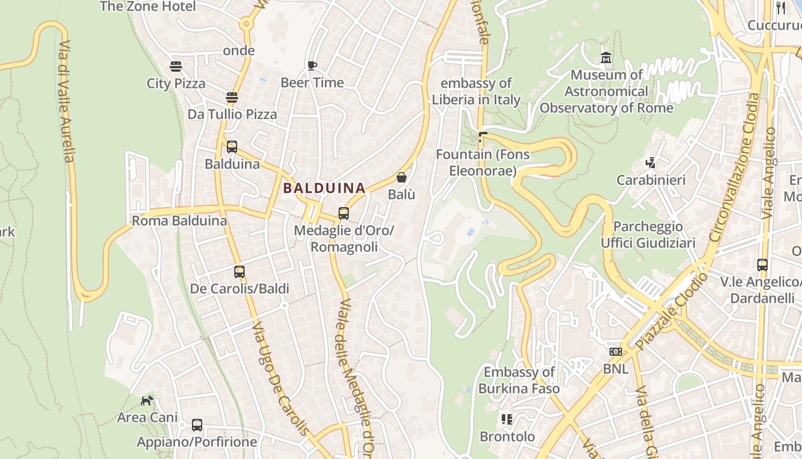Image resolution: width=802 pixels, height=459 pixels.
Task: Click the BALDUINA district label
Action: (x=324, y=188)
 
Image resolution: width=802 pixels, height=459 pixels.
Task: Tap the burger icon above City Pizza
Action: (x=176, y=67)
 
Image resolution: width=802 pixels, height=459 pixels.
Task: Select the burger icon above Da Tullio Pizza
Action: (x=231, y=98)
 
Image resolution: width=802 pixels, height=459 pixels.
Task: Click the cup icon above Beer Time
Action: (x=312, y=65)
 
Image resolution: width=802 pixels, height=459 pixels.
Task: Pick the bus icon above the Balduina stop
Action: (x=231, y=147)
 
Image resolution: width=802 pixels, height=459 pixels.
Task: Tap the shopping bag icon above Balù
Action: (x=402, y=177)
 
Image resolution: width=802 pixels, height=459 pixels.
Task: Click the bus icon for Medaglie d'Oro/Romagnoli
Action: (x=344, y=213)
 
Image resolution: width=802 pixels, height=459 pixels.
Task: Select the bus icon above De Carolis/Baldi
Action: (x=239, y=271)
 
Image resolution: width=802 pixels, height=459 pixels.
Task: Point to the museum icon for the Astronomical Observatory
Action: (x=606, y=58)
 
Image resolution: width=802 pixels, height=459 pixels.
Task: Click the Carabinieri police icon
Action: (x=650, y=163)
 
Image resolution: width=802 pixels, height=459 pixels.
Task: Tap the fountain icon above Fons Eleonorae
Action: (x=482, y=137)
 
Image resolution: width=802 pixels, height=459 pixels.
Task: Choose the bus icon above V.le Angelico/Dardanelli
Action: (x=762, y=265)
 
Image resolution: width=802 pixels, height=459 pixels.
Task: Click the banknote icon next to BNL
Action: (x=616, y=351)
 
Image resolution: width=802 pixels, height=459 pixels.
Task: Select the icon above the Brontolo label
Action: (x=506, y=419)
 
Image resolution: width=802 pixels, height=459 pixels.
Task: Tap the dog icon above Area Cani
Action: (x=147, y=400)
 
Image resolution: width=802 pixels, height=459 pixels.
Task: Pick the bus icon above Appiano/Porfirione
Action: (x=197, y=425)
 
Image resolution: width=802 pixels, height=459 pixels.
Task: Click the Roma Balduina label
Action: (x=179, y=221)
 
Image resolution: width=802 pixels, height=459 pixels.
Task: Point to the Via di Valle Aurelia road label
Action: (x=66, y=102)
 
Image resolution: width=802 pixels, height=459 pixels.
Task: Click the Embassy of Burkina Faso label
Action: (x=519, y=380)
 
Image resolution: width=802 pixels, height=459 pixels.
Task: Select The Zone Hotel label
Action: (x=148, y=6)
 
